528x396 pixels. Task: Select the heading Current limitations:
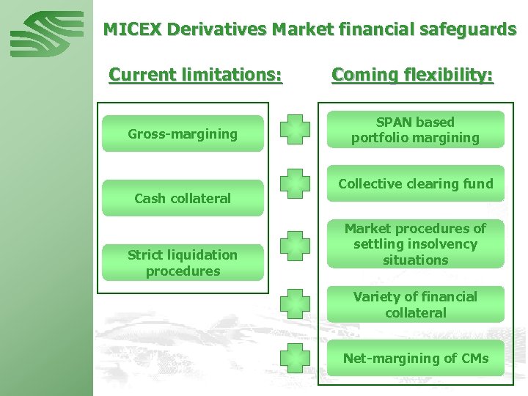(195, 75)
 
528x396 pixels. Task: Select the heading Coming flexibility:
(412, 75)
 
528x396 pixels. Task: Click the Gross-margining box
(183, 133)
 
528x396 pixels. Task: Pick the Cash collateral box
(183, 198)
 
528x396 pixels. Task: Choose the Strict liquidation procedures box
(183, 263)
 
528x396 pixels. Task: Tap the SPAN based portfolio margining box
(415, 130)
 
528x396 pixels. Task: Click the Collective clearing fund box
(415, 183)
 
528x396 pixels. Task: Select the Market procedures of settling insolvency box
(415, 244)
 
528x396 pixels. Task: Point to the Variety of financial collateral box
(415, 304)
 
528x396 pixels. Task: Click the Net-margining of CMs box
(415, 359)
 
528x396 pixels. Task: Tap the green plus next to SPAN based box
(295, 130)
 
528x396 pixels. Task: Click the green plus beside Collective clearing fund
(295, 183)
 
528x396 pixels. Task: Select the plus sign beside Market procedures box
(295, 245)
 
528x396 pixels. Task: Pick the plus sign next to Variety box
(295, 304)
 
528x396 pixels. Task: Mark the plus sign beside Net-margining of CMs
(295, 359)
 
